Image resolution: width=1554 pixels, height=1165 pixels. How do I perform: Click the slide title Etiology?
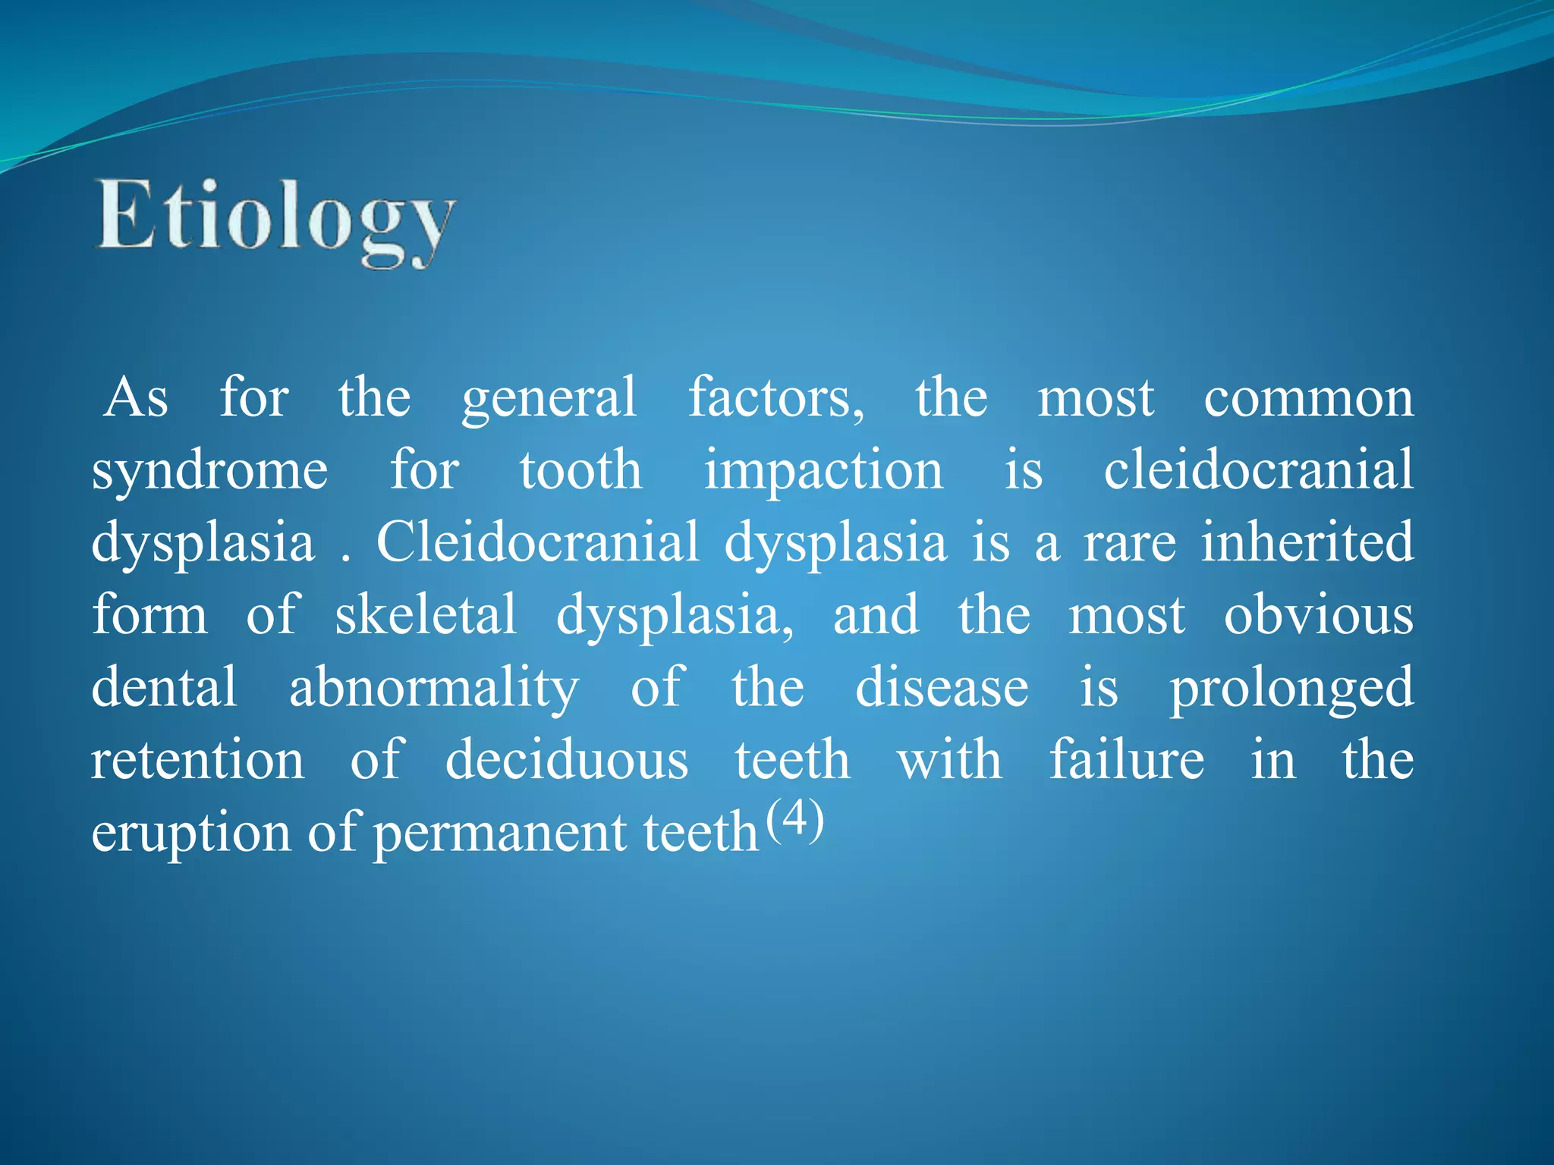(275, 220)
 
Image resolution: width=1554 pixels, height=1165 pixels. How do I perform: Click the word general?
(549, 399)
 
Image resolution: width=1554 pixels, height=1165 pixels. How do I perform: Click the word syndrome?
(209, 472)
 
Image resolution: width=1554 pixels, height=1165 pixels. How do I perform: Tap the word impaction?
(823, 472)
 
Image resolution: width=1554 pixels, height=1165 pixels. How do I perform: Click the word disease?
(942, 687)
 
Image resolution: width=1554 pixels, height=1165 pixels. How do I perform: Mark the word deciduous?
(567, 760)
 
